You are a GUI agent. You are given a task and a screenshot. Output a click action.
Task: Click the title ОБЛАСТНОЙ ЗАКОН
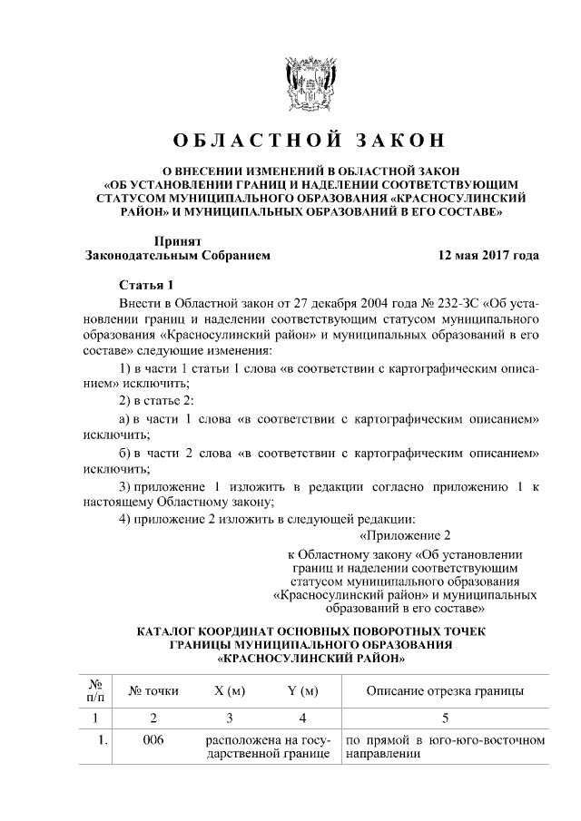click(x=311, y=141)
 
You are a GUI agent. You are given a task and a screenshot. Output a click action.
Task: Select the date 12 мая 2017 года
click(x=488, y=256)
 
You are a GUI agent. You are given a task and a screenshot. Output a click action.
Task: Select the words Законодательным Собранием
click(x=177, y=256)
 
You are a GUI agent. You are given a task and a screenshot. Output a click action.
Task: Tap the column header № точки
click(x=154, y=691)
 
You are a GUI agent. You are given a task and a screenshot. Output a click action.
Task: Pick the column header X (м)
click(x=230, y=691)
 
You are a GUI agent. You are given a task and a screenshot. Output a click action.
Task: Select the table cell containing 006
click(x=153, y=741)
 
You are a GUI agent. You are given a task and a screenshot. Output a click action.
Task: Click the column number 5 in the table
click(x=444, y=719)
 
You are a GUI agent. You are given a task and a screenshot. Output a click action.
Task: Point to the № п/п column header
click(x=94, y=691)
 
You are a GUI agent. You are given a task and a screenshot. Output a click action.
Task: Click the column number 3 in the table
click(x=230, y=719)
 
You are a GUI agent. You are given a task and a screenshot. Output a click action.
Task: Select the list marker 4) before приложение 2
click(x=126, y=519)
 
